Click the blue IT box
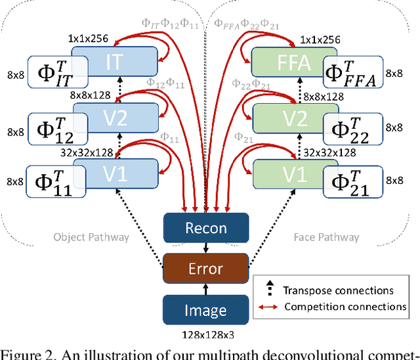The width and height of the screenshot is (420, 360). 115,62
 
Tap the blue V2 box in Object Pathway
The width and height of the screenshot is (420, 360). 115,119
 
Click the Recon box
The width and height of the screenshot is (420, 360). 206,229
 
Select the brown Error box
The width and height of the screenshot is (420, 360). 206,269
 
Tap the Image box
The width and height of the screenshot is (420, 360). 206,309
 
